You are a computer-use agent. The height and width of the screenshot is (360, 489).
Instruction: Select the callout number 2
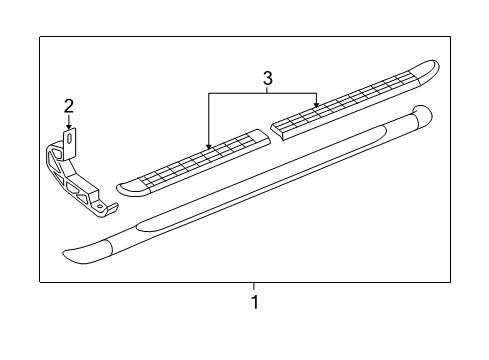(69, 106)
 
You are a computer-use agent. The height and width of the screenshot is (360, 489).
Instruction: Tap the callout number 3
(267, 78)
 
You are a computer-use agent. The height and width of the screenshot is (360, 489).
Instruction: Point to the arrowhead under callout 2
(69, 124)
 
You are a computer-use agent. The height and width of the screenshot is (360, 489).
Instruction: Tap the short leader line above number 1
(254, 287)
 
